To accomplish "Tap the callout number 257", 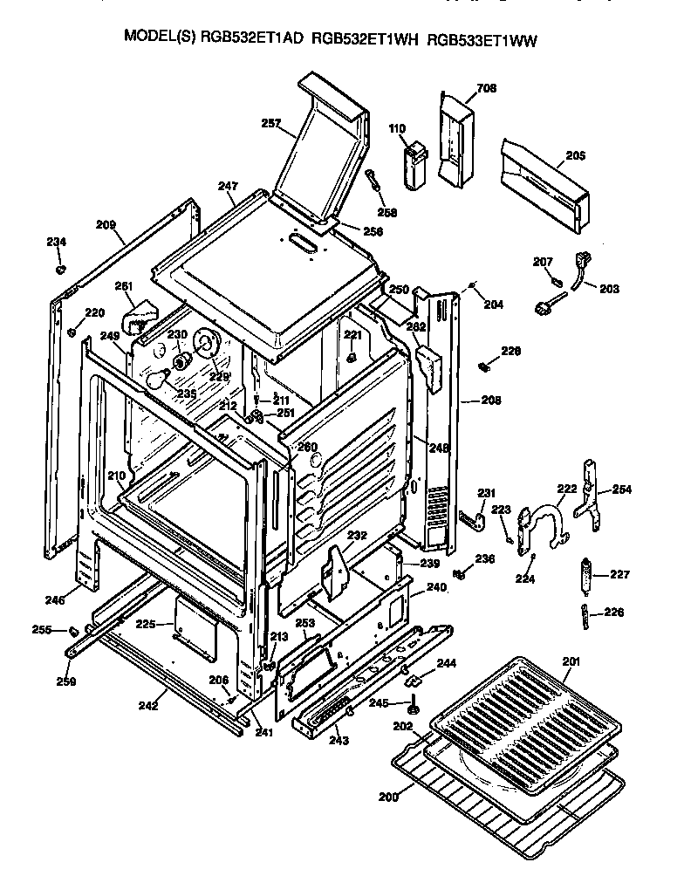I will point(270,124).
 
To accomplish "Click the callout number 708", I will point(486,88).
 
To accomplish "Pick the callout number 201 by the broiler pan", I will point(571,662).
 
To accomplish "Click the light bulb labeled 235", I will point(158,379).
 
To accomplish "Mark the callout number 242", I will point(149,705).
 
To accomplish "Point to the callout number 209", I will point(106,224).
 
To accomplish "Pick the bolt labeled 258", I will point(374,186).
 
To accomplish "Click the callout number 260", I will point(307,447).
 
